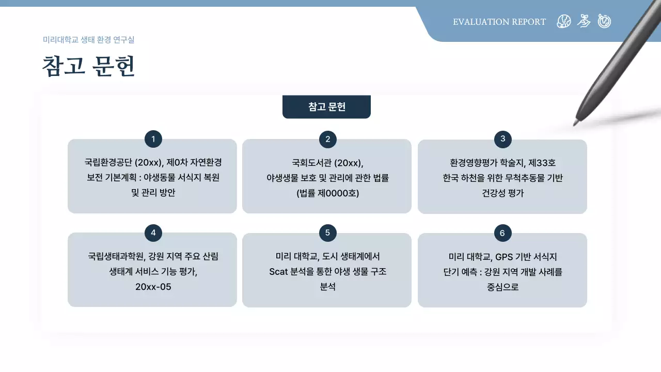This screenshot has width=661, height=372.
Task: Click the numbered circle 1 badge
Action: [153, 139]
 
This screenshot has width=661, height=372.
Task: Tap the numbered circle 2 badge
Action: [327, 139]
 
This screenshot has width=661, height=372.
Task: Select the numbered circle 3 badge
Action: [502, 138]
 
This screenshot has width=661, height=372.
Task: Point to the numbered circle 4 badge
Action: [153, 233]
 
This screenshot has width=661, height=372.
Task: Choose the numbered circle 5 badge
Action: [327, 233]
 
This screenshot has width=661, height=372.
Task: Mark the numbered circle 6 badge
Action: [502, 234]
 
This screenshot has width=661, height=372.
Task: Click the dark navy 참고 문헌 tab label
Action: [326, 107]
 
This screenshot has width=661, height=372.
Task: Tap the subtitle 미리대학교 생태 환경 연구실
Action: [88, 40]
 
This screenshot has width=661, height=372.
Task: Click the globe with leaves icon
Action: [564, 21]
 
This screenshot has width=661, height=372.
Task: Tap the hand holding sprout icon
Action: [584, 21]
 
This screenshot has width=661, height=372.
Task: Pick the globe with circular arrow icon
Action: [604, 21]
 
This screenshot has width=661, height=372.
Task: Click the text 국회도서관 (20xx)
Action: [327, 163]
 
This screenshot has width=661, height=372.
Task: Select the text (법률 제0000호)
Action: [327, 194]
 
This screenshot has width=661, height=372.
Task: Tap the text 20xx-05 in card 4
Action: [153, 287]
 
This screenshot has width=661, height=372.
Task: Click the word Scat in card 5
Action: [280, 272]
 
